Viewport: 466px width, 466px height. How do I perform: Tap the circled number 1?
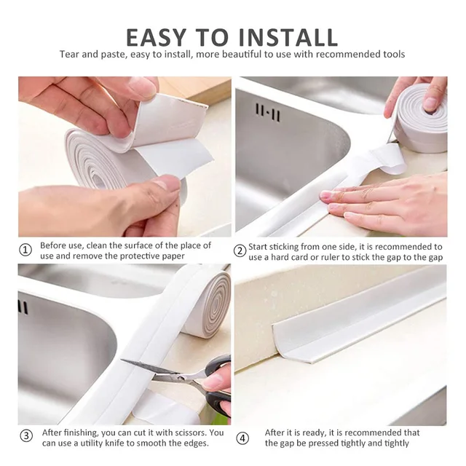point(25,250)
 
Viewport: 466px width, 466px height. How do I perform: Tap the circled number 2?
point(240,250)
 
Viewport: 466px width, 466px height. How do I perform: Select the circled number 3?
point(25,436)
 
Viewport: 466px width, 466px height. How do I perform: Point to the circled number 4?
point(242,438)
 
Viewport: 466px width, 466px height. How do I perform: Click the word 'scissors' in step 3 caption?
point(188,432)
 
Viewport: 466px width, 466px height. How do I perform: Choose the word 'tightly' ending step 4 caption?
point(394,443)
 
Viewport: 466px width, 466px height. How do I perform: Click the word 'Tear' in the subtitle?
point(70,55)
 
